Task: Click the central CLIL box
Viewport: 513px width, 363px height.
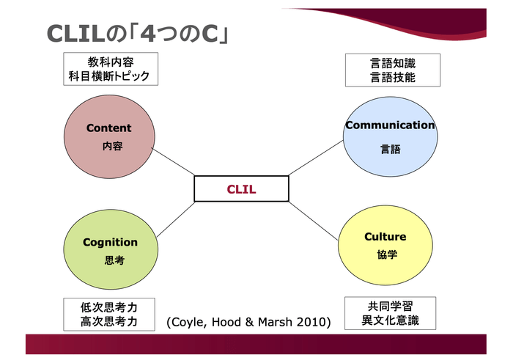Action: [x=240, y=188]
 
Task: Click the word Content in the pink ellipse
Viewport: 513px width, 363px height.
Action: [x=108, y=128]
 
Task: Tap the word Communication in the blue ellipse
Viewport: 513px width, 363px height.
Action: [x=390, y=125]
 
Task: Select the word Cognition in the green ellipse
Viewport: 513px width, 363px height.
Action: [x=110, y=242]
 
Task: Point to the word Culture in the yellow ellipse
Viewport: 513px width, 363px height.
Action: [x=385, y=237]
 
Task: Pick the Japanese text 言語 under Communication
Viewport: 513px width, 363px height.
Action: [x=390, y=149]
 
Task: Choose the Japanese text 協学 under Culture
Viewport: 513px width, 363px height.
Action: [x=386, y=254]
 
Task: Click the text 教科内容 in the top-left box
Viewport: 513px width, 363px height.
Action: [x=111, y=62]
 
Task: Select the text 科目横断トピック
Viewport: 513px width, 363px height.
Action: [x=111, y=76]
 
